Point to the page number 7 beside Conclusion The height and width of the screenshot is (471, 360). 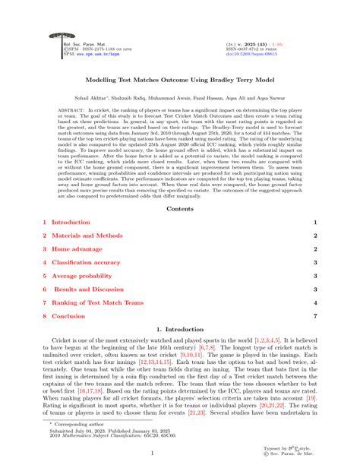(314, 316)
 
